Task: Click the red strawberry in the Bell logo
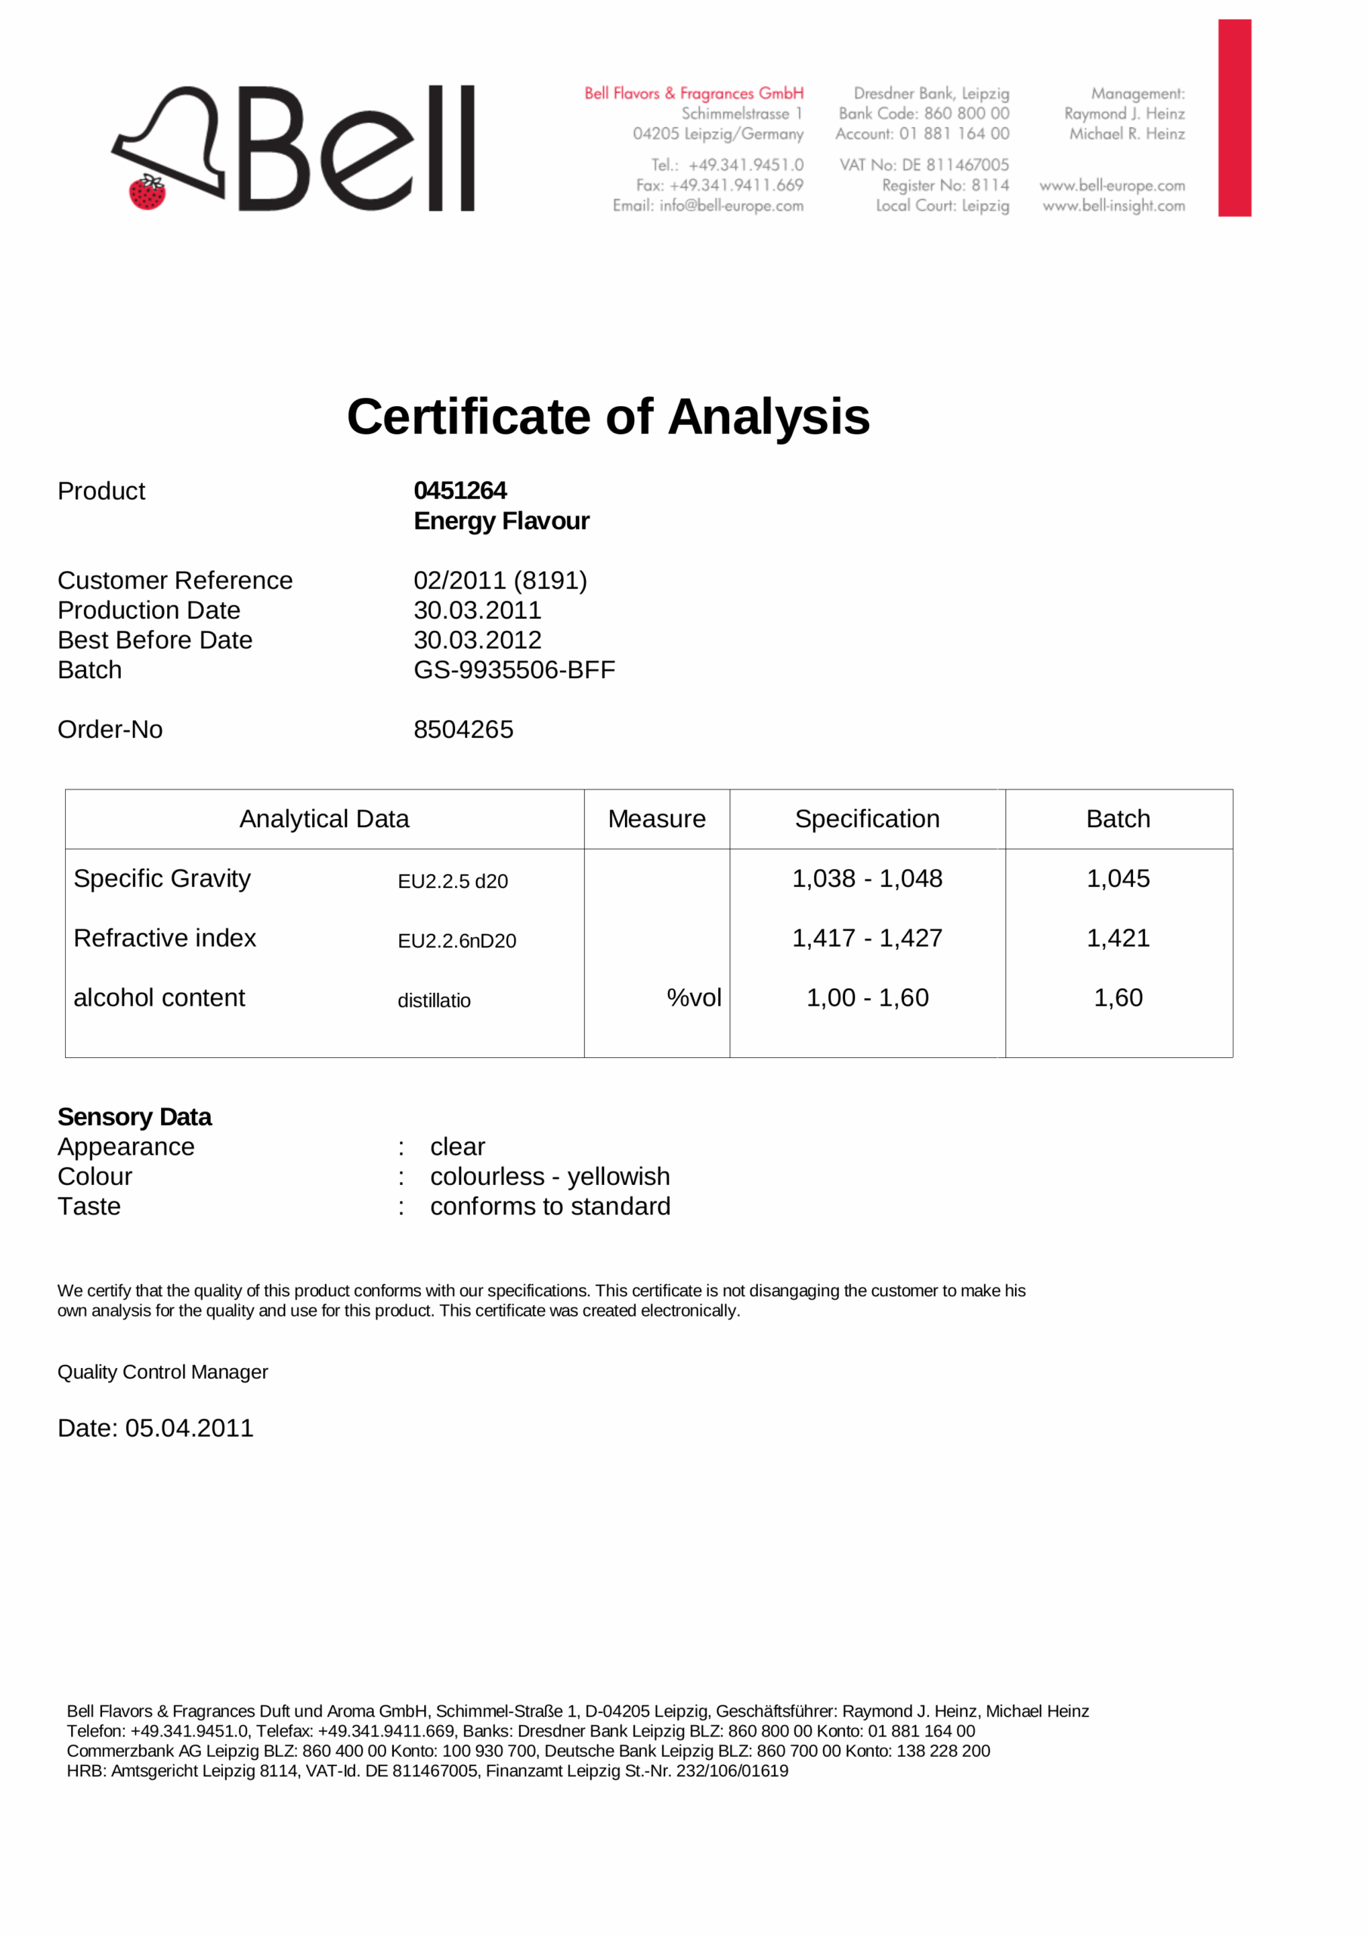click(x=147, y=193)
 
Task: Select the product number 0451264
click(x=460, y=491)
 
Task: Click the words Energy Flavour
click(x=502, y=521)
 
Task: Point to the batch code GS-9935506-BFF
click(x=514, y=670)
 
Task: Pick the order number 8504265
click(x=463, y=729)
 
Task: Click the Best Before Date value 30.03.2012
click(x=477, y=640)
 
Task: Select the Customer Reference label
click(x=175, y=580)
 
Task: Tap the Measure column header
click(x=657, y=819)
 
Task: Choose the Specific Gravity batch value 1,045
click(x=1118, y=879)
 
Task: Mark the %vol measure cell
click(x=694, y=998)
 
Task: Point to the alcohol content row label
click(x=159, y=998)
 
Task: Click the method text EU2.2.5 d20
click(x=453, y=882)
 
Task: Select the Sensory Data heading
click(x=135, y=1117)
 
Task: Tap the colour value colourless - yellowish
click(x=549, y=1177)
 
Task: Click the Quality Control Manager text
click(x=162, y=1372)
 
